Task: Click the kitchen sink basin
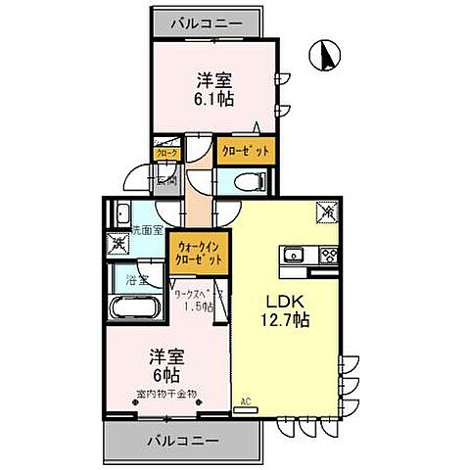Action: (292, 257)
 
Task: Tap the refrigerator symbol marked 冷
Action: (327, 211)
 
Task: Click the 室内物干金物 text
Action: (166, 394)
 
